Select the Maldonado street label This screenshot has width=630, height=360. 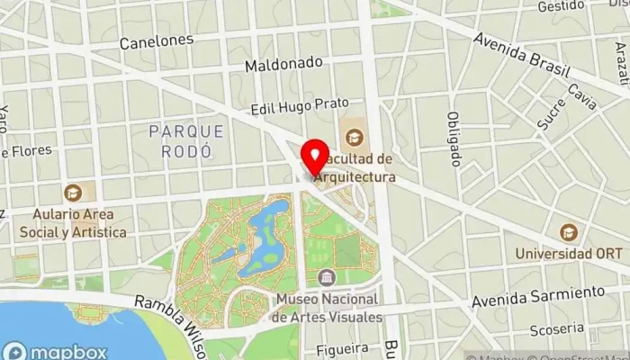tap(283, 65)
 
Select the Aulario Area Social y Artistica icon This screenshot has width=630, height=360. tap(73, 192)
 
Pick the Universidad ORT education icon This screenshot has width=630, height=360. tap(568, 231)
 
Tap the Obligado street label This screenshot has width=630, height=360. tap(454, 139)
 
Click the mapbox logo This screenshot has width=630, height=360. tap(56, 351)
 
